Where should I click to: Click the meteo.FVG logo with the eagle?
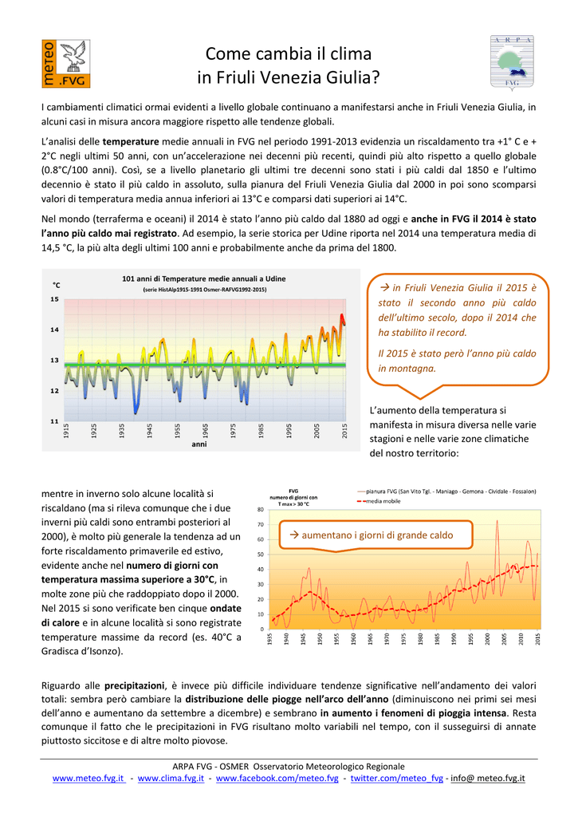pos(65,64)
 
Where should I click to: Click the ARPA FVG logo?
pos(512,62)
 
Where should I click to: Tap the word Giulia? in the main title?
pos(353,77)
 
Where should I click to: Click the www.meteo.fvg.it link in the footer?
pos(88,779)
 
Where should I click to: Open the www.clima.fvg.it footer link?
pos(171,779)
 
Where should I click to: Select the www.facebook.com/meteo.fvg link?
pos(277,779)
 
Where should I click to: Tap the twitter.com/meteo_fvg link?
pos(397,779)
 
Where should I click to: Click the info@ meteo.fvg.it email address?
pos(487,779)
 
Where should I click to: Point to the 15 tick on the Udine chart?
pos(55,299)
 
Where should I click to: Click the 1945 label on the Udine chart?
pos(149,430)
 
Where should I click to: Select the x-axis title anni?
pos(199,444)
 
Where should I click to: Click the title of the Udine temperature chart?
pos(204,278)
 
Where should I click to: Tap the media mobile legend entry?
pos(379,501)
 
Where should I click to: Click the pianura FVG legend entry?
pos(446,491)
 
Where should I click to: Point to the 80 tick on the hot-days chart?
pos(261,509)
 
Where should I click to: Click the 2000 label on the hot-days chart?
pos(487,639)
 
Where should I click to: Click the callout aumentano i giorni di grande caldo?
pos(376,535)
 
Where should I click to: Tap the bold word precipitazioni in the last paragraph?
pos(135,685)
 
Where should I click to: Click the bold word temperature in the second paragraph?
pos(131,141)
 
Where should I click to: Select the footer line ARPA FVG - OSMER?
pos(289,767)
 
